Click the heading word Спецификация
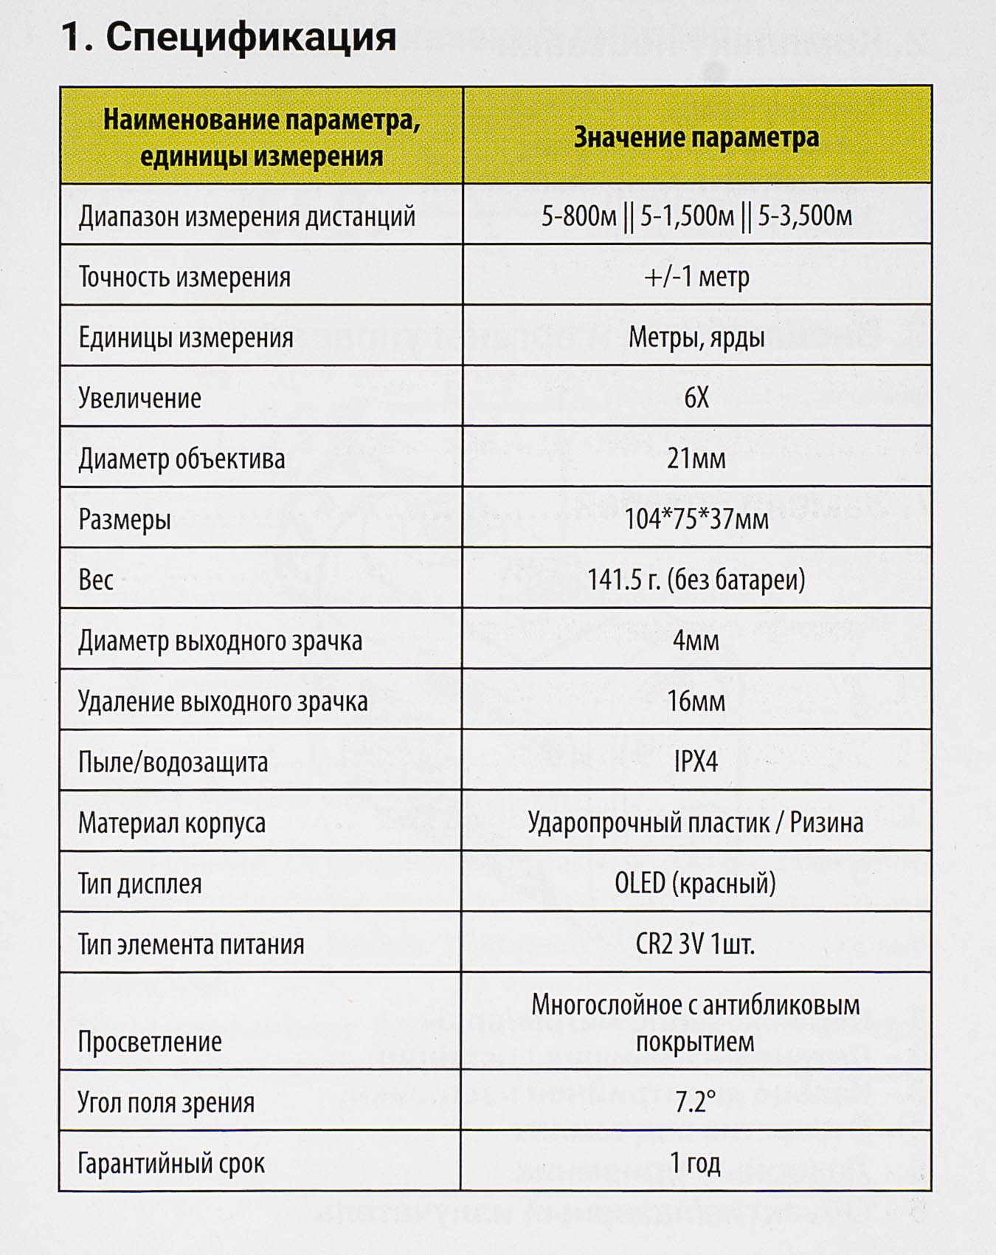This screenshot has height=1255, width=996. pyautogui.click(x=251, y=37)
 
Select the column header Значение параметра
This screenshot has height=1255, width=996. pyautogui.click(x=696, y=137)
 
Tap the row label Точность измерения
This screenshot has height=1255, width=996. pyautogui.click(x=184, y=278)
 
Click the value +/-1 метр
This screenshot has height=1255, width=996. pyautogui.click(x=696, y=277)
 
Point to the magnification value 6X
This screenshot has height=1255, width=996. pyautogui.click(x=696, y=398)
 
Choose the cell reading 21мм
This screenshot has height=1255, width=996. pyautogui.click(x=696, y=459)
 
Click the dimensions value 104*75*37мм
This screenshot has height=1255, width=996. pyautogui.click(x=696, y=520)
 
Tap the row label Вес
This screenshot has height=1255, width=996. pyautogui.click(x=96, y=580)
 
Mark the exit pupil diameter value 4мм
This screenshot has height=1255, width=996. pyautogui.click(x=696, y=641)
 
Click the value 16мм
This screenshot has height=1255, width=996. pyautogui.click(x=696, y=701)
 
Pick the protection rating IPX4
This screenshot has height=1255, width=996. pyautogui.click(x=696, y=762)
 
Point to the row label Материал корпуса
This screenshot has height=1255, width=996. pyautogui.click(x=172, y=823)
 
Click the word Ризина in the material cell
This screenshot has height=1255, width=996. pyautogui.click(x=826, y=822)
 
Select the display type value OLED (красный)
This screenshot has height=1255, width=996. pyautogui.click(x=696, y=884)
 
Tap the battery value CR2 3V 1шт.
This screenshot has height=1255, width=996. pyautogui.click(x=696, y=944)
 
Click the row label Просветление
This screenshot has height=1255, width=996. pyautogui.click(x=150, y=1042)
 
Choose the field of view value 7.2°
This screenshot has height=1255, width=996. pyautogui.click(x=696, y=1102)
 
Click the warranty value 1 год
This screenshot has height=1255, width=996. pyautogui.click(x=696, y=1163)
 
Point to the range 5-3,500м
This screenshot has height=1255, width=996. pyautogui.click(x=805, y=217)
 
